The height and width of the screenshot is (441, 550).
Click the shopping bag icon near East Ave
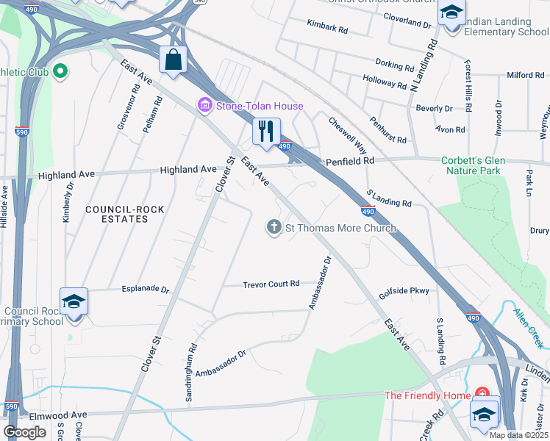point(173,60)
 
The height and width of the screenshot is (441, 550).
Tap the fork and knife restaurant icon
point(265,131)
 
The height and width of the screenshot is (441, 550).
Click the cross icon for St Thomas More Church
point(274,228)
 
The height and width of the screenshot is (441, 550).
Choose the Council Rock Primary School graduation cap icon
point(74,302)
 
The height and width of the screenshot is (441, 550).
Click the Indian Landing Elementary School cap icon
point(452,12)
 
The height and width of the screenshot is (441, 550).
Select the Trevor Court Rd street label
point(271,284)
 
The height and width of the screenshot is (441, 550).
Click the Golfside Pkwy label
point(404,291)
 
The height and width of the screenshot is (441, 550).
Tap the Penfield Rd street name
point(351,159)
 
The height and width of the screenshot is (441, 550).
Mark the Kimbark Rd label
point(327,28)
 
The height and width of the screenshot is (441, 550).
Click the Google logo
point(25,432)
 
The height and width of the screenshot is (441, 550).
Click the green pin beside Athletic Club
point(61,72)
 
